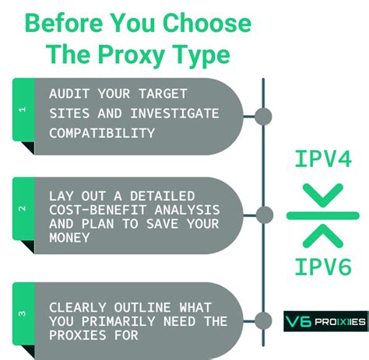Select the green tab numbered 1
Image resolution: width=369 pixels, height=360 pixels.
click(x=21, y=110)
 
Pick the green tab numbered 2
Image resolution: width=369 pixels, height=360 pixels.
click(x=21, y=209)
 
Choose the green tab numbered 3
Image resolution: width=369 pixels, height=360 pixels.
click(x=21, y=315)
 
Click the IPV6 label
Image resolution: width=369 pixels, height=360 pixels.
click(x=323, y=267)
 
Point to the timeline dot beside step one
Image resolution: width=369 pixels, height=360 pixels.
click(x=263, y=116)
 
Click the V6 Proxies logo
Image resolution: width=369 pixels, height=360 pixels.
click(x=324, y=320)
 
